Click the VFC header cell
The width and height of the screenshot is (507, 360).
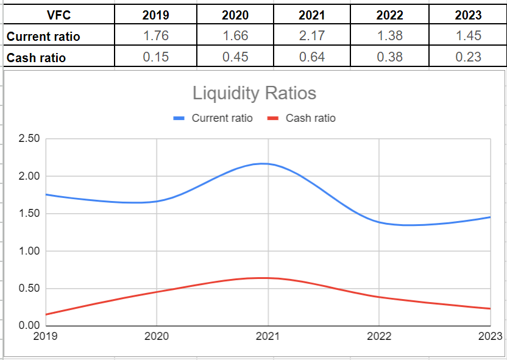point(58,15)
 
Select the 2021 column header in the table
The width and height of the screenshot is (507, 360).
point(312,15)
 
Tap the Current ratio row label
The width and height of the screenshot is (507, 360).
point(43,37)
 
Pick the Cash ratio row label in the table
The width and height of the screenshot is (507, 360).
point(36,58)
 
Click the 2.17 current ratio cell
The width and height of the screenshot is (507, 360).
point(312,36)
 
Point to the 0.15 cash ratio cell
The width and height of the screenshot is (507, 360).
point(155,57)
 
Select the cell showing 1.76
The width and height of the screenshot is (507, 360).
point(155,36)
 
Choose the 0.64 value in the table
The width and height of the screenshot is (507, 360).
point(312,57)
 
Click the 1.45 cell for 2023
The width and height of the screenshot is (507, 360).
point(469,36)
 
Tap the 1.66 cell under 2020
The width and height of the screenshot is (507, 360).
point(235,36)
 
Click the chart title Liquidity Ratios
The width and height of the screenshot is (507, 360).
point(254,93)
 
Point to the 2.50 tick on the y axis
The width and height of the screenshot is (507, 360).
point(29,139)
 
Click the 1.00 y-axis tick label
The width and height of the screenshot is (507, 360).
point(29,251)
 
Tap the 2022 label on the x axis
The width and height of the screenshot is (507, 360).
point(378,336)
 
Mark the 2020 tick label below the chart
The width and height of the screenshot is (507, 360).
point(157,336)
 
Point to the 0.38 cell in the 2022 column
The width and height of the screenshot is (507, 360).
point(390,57)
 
